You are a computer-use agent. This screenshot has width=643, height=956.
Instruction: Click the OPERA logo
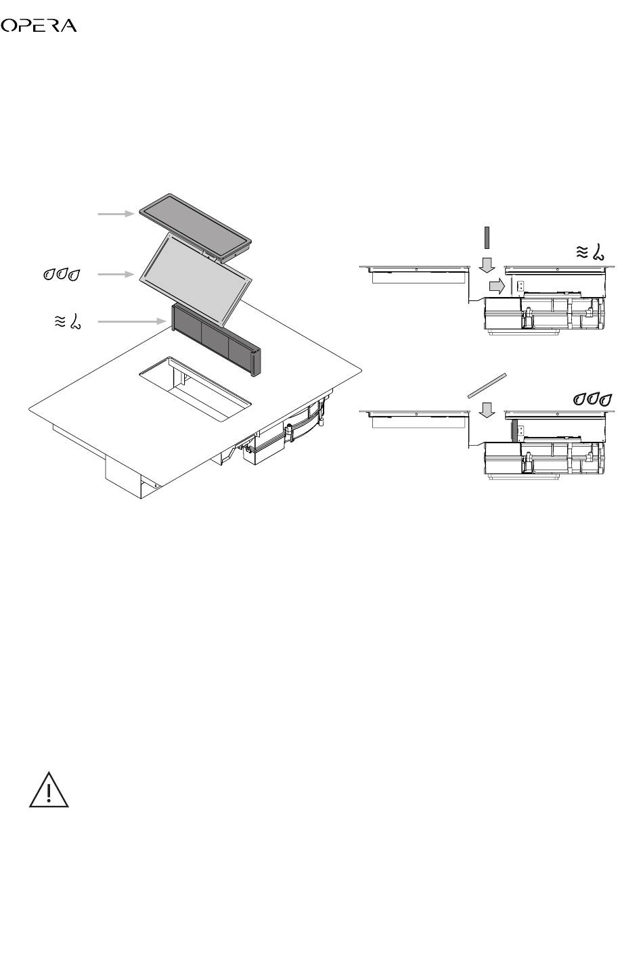tap(39, 26)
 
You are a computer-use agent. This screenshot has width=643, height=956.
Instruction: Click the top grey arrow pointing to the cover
tap(117, 213)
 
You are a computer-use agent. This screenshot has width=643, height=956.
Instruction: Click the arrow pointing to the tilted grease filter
tap(117, 275)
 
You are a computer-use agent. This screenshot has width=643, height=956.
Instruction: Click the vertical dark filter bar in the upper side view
tap(486, 238)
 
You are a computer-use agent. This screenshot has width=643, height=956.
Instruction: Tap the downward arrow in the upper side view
tap(486, 264)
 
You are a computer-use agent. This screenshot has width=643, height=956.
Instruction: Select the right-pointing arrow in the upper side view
tap(497, 286)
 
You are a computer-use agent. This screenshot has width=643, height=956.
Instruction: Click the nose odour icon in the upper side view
tap(590, 252)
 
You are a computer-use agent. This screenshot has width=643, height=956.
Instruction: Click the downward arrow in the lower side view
tap(486, 409)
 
